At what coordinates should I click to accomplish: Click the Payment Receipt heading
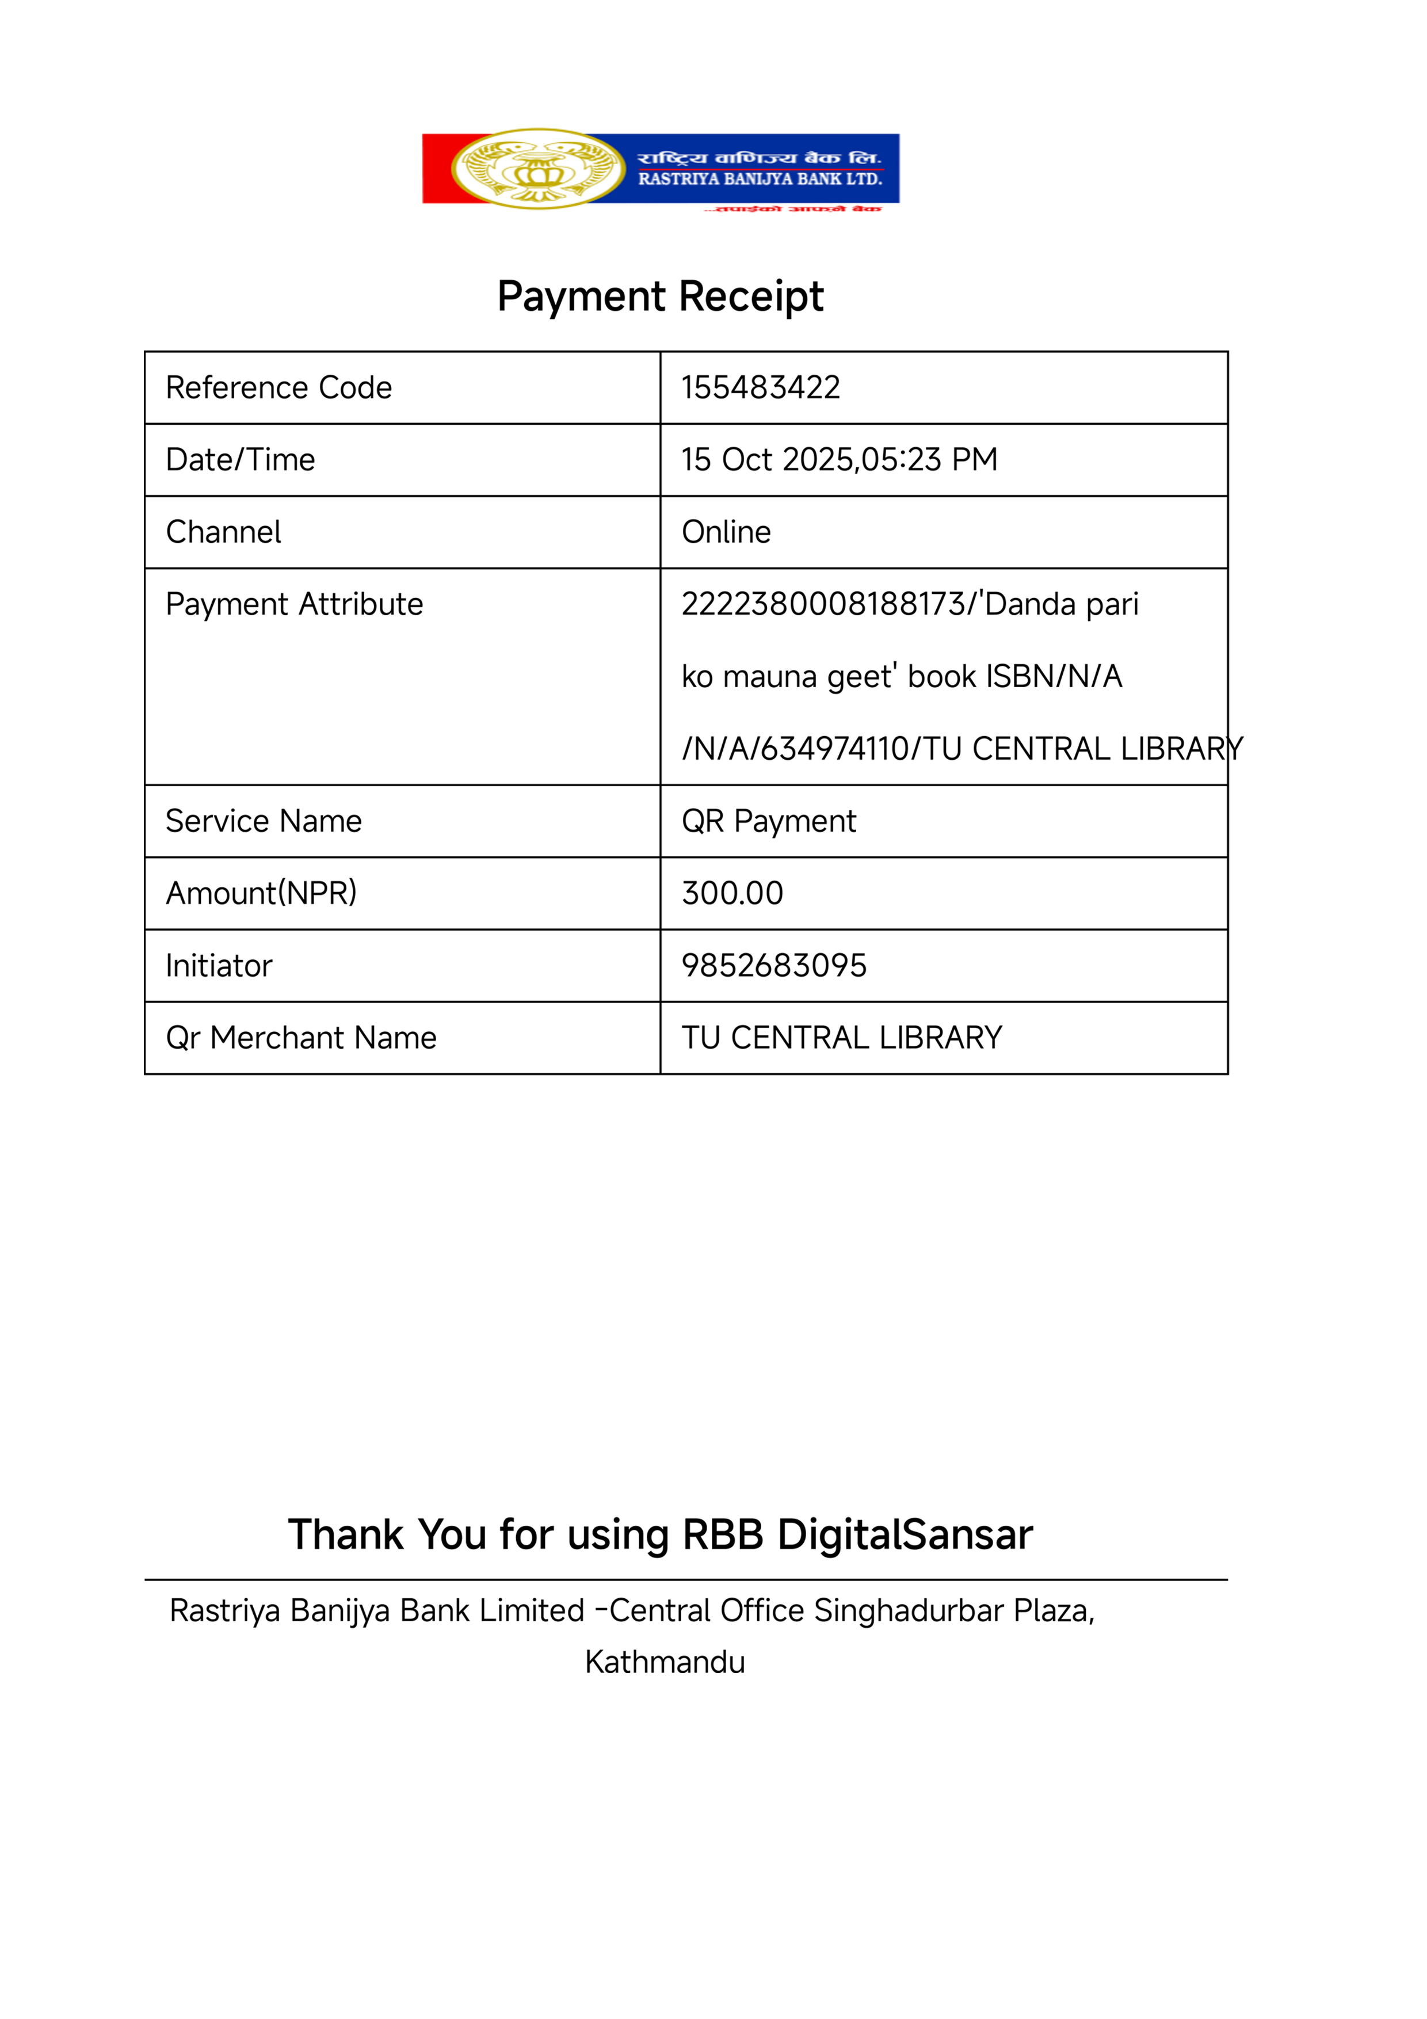tap(661, 296)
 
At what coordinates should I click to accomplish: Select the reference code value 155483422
tap(761, 388)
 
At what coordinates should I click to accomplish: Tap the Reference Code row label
tap(278, 388)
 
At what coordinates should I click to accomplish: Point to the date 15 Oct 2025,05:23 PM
tap(839, 460)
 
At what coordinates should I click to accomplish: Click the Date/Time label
tap(240, 460)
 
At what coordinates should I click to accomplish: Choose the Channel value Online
tap(726, 532)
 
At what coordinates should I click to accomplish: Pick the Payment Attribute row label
tap(295, 604)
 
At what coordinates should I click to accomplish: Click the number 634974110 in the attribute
tap(835, 748)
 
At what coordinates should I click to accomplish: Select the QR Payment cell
tap(769, 821)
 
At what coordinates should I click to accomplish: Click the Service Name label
tap(264, 821)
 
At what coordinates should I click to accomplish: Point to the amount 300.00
tap(732, 893)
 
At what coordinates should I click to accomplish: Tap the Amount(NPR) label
tap(261, 893)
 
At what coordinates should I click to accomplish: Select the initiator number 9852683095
tap(774, 966)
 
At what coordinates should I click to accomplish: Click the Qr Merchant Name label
tap(301, 1038)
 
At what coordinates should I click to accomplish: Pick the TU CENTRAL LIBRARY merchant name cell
tap(841, 1038)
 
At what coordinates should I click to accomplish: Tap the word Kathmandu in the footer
tap(665, 1662)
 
